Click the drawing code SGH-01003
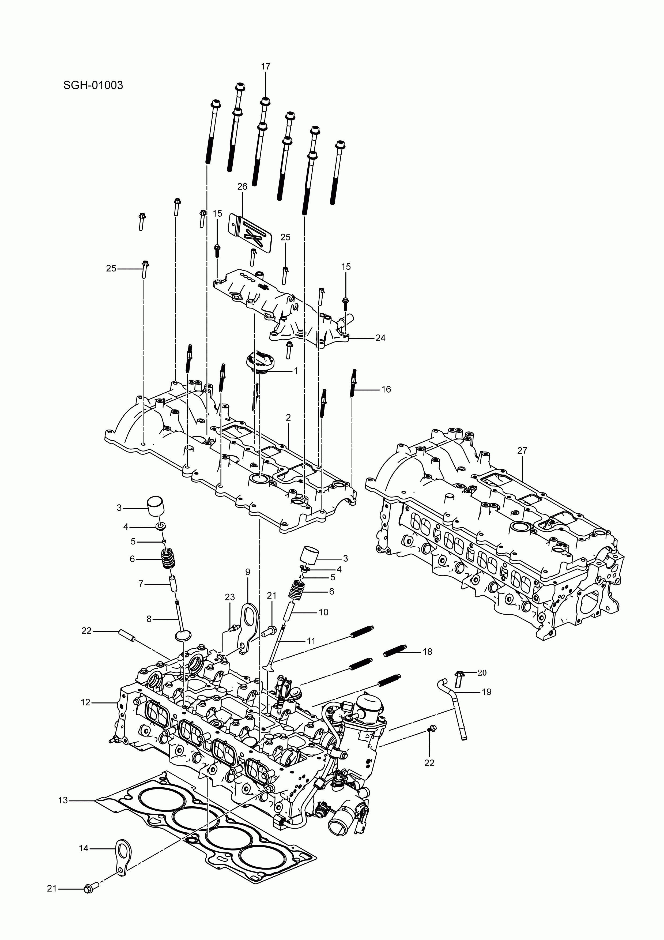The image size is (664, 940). [93, 85]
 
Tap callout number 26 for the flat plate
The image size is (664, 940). [242, 187]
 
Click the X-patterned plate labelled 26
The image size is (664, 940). [251, 232]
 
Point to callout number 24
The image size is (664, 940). [380, 338]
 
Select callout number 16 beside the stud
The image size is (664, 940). [386, 389]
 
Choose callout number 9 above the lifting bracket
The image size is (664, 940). [248, 572]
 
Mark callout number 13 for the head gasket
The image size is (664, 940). [63, 800]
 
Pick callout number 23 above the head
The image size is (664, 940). [230, 597]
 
